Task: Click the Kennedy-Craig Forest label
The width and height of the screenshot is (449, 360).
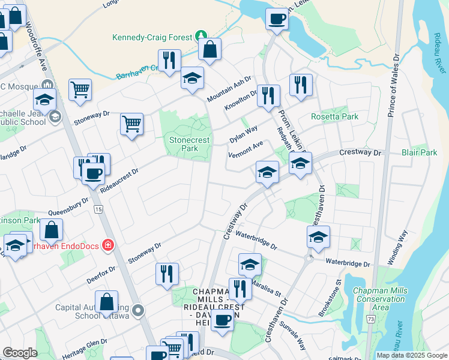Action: click(x=151, y=37)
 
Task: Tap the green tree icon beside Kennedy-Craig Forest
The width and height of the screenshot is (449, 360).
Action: click(x=202, y=36)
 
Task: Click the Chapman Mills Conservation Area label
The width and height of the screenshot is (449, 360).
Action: click(x=380, y=299)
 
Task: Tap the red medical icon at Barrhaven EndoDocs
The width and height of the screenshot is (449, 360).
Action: click(x=107, y=245)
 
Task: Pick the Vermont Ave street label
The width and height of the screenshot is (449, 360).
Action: click(x=246, y=149)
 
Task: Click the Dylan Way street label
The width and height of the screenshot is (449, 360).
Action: click(x=243, y=134)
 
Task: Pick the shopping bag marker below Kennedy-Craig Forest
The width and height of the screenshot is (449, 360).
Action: click(x=210, y=51)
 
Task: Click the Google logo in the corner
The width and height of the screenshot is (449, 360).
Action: click(x=20, y=353)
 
